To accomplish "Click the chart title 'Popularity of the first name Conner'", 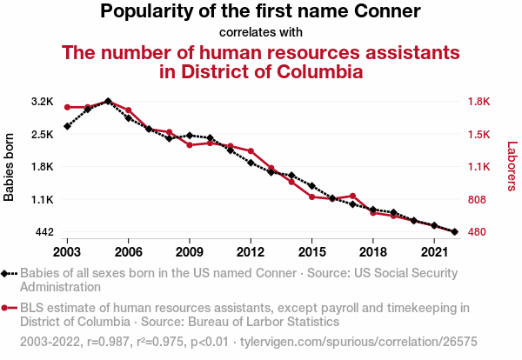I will coord(260,12).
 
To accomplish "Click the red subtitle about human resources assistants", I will coord(260,62).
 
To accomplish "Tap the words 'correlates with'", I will coord(260,33).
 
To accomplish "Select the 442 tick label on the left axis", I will coord(44,232).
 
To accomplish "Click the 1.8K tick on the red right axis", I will coord(480,102).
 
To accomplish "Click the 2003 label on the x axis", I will coord(67,252).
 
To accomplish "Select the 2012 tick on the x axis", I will coord(251,252).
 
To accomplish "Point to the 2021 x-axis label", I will coord(434,252).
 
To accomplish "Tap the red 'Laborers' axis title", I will coord(512,167).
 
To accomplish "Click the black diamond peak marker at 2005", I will coord(108,101).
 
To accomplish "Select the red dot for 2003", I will coord(67,107).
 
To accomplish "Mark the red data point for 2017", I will coord(352,196).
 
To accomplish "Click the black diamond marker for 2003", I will coord(67,126).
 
